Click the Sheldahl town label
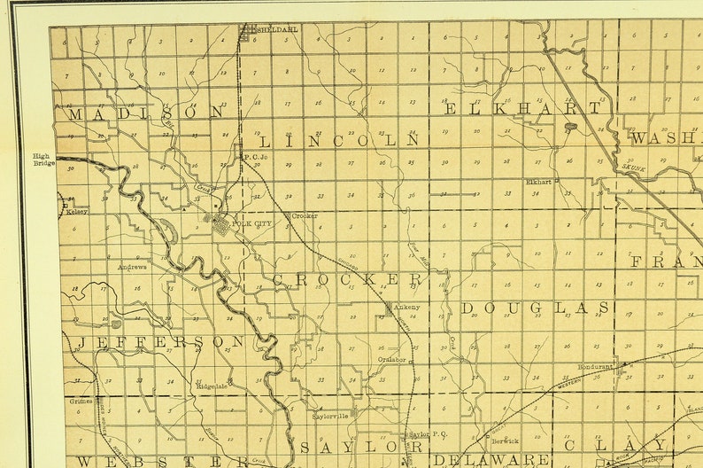coord(278,29)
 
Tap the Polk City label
coord(251,224)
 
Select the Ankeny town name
coord(407,308)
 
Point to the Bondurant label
coord(595,365)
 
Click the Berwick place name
coord(506,440)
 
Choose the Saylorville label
coord(331,415)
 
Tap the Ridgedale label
coord(212,386)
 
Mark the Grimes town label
coord(81,401)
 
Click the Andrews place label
coord(132,266)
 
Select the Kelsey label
coord(77,212)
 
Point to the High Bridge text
coord(44,160)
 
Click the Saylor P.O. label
coord(428,434)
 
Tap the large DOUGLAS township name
coord(535,308)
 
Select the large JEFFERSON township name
coord(160,342)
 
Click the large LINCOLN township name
coord(338,141)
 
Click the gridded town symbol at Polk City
coord(220,224)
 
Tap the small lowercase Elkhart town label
coord(538,182)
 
